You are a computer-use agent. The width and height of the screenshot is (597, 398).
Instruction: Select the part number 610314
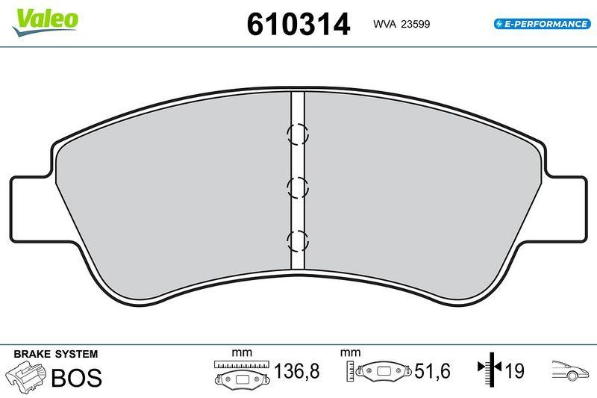coord(298,25)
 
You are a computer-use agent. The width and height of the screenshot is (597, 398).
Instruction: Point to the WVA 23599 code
coord(401,24)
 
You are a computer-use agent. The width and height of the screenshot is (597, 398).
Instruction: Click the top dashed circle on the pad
coord(298,134)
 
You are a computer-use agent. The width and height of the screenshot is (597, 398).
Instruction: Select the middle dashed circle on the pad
coord(298,187)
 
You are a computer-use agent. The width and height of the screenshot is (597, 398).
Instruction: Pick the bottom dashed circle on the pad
coord(298,240)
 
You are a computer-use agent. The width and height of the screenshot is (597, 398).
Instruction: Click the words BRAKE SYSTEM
coord(56,353)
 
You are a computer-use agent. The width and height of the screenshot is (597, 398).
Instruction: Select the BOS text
coord(76,377)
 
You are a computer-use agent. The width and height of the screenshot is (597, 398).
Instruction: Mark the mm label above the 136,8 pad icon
coord(242,352)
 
